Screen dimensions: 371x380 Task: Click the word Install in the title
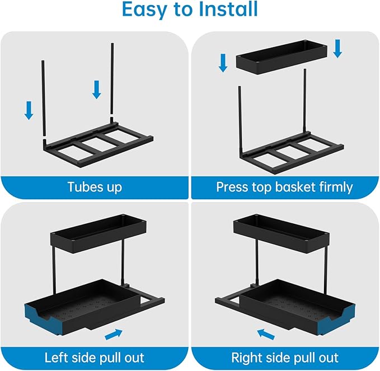pyautogui.click(x=223, y=10)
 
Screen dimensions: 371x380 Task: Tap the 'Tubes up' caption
pyautogui.click(x=95, y=187)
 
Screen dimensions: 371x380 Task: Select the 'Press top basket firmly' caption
pyautogui.click(x=285, y=187)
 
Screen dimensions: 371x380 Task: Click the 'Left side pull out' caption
pyautogui.click(x=95, y=357)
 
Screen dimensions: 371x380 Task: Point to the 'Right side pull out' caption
pyautogui.click(x=285, y=357)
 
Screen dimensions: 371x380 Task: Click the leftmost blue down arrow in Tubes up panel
pyautogui.click(x=29, y=110)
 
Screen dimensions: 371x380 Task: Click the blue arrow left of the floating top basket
pyautogui.click(x=223, y=62)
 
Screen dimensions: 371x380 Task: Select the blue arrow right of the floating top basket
pyautogui.click(x=337, y=48)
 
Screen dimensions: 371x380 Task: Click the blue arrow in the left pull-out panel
pyautogui.click(x=114, y=334)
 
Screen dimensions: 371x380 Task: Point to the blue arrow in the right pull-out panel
pyautogui.click(x=266, y=334)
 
